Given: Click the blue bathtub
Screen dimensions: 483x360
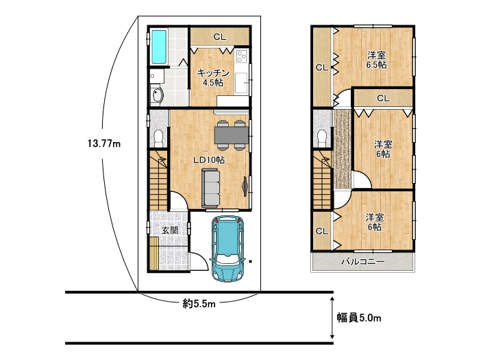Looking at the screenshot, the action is click(x=159, y=47).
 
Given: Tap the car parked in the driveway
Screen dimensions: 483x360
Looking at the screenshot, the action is click(x=227, y=248).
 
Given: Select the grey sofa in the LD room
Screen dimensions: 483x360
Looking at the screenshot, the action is click(x=211, y=188).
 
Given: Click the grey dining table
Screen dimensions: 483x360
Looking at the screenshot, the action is click(x=232, y=135).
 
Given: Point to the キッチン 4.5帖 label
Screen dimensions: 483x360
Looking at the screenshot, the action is click(x=213, y=77).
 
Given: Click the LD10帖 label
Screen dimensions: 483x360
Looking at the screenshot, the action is click(x=209, y=160).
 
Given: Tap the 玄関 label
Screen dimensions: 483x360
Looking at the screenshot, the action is click(x=170, y=230).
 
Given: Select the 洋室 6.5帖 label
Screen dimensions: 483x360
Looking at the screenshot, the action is click(x=376, y=60).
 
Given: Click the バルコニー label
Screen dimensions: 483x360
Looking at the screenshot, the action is click(x=363, y=262).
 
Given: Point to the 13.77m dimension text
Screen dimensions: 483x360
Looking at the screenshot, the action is click(x=104, y=143).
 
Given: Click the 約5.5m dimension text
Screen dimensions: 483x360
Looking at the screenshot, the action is click(x=199, y=304).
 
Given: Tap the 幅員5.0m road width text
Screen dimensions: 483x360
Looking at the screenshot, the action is click(x=359, y=317).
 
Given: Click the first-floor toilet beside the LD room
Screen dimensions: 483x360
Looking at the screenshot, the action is click(x=159, y=138).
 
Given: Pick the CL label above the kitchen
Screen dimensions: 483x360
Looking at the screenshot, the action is click(x=220, y=37).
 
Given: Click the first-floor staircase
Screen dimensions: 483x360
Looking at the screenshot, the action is click(x=159, y=180).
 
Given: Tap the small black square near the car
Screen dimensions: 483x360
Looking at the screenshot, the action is click(x=251, y=262).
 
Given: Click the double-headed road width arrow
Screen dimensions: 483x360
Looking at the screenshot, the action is click(x=332, y=317).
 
